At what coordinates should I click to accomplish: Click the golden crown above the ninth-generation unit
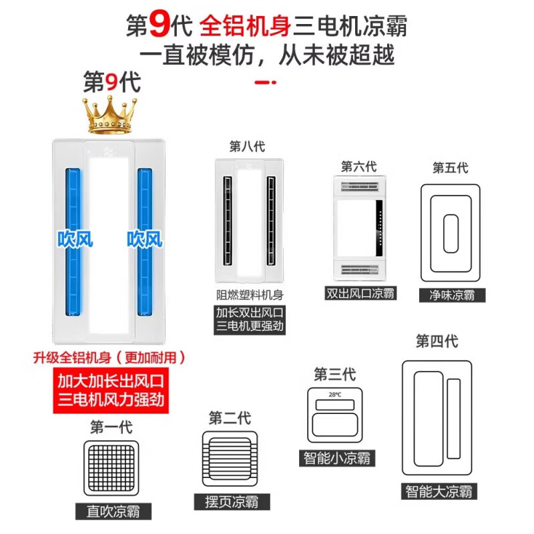[x=109, y=115]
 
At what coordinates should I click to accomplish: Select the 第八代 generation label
[x=246, y=146]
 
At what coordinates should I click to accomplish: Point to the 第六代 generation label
[x=358, y=166]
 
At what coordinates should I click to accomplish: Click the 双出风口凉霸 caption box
[x=360, y=292]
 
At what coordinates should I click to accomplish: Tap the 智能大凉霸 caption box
[x=439, y=491]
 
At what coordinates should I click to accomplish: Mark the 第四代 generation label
[x=437, y=341]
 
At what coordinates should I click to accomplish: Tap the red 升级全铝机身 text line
[x=108, y=357]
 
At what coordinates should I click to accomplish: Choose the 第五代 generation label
[x=450, y=167]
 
